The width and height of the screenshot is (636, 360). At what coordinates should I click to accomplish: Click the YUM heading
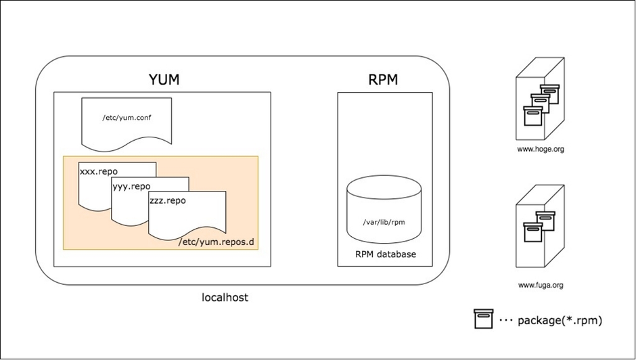click(x=163, y=80)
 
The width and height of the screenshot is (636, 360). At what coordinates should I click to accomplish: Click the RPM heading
click(x=383, y=80)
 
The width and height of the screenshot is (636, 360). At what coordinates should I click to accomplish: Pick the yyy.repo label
click(x=131, y=186)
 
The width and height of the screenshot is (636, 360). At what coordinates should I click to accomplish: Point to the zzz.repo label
click(x=167, y=201)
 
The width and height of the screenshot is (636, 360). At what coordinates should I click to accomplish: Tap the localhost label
click(x=225, y=297)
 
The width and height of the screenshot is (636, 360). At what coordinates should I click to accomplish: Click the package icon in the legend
click(x=484, y=319)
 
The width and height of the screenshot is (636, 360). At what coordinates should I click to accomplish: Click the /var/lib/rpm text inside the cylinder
click(x=384, y=221)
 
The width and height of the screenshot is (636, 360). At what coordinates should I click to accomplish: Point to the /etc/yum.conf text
click(x=126, y=118)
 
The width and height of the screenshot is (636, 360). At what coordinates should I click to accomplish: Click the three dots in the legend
click(x=505, y=320)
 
